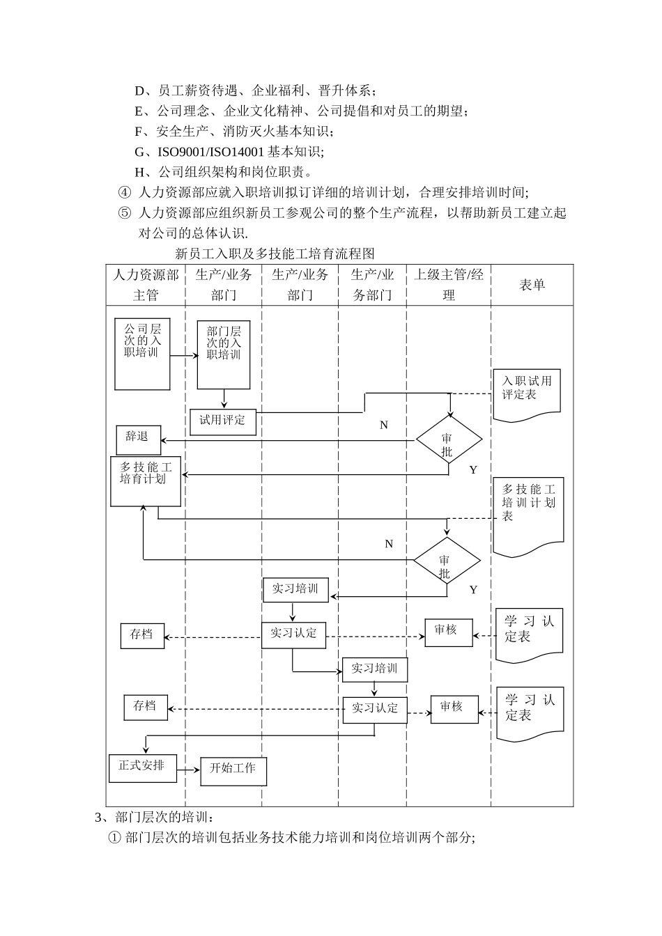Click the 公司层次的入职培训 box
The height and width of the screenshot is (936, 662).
(x=142, y=354)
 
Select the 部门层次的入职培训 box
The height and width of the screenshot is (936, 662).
(x=223, y=354)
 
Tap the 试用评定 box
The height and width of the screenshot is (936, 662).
(x=222, y=421)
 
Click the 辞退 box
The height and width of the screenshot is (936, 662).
(x=137, y=439)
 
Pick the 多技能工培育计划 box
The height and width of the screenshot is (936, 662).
(x=145, y=481)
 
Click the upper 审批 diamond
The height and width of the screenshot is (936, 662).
(x=448, y=441)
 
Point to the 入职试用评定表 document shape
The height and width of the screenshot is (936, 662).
(x=526, y=394)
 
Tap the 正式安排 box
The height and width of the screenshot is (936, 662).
(x=142, y=767)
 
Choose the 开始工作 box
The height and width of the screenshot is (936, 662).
(x=233, y=770)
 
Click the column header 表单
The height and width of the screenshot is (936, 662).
(x=532, y=285)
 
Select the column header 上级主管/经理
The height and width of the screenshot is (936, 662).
(x=449, y=285)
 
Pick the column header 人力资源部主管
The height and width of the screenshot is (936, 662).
(x=146, y=285)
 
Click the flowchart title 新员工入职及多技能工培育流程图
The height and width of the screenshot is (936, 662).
(x=275, y=253)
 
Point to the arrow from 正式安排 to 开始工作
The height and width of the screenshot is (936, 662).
(x=187, y=771)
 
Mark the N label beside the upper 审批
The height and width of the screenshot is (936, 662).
(x=383, y=425)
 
